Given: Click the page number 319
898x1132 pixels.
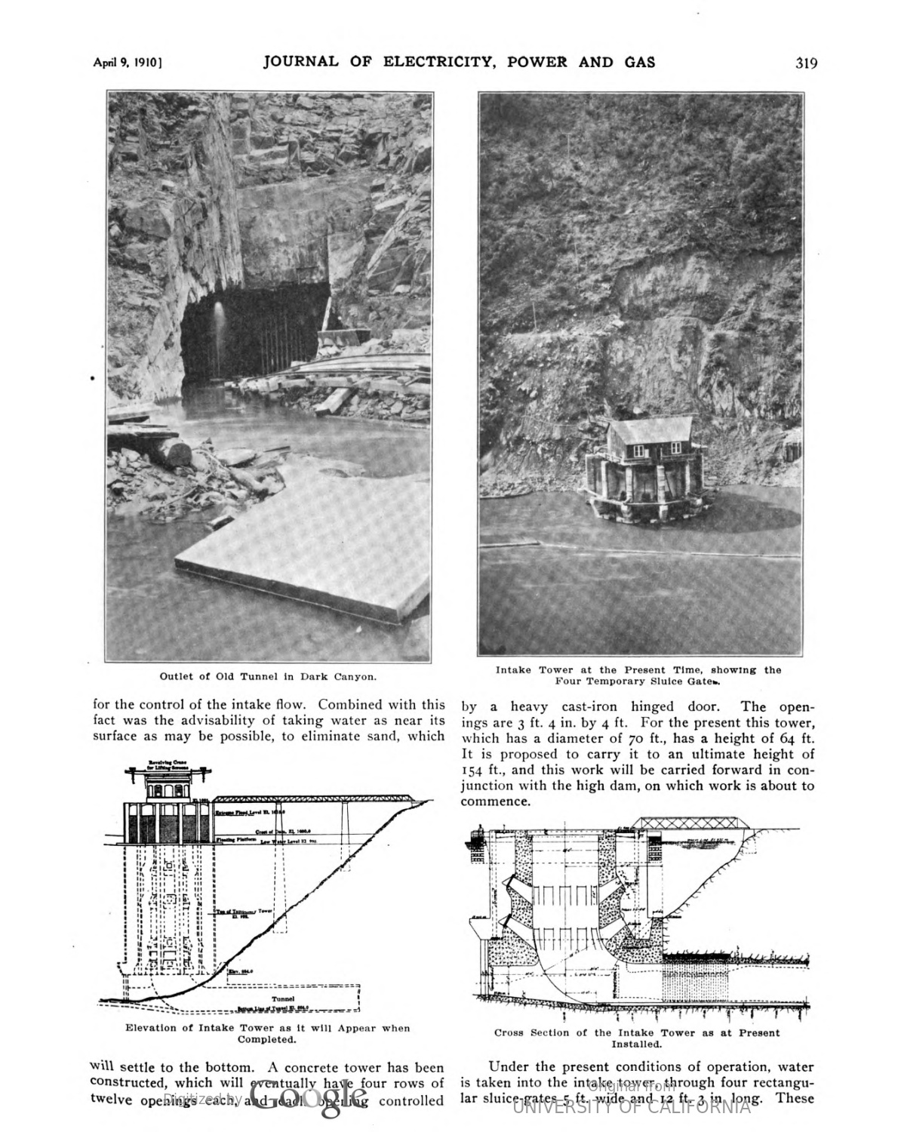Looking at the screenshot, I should click(806, 63).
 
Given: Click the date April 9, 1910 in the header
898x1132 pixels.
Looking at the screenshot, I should click(128, 63).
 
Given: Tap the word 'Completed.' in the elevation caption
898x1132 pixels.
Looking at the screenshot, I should click(268, 1039).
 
